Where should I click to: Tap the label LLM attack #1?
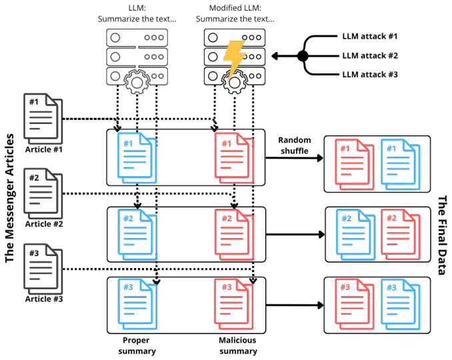pyautogui.click(x=370, y=36)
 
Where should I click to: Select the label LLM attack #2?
pyautogui.click(x=370, y=55)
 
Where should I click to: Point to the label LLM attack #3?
pyautogui.click(x=370, y=75)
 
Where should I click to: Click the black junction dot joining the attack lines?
pyautogui.click(x=303, y=55)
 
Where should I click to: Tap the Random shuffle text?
pyautogui.click(x=294, y=145)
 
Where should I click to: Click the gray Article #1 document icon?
pyautogui.click(x=43, y=119)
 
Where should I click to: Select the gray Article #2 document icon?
pyautogui.click(x=43, y=194)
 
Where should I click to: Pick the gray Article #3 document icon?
pyautogui.click(x=43, y=269)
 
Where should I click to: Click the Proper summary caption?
pyautogui.click(x=137, y=345)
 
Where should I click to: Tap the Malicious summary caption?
pyautogui.click(x=238, y=345)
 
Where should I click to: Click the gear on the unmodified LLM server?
pyautogui.click(x=137, y=82)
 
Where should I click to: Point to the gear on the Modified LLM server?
pyautogui.click(x=235, y=82)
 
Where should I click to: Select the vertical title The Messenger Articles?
pyautogui.click(x=9, y=198)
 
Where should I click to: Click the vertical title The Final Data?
pyautogui.click(x=442, y=235)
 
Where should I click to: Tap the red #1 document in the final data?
pyautogui.click(x=354, y=164)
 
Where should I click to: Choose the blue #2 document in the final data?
pyautogui.click(x=355, y=234)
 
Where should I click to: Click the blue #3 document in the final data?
pyautogui.click(x=401, y=304)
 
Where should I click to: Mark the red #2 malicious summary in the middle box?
pyautogui.click(x=234, y=235)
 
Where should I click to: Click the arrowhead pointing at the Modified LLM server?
pyautogui.click(x=275, y=55)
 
